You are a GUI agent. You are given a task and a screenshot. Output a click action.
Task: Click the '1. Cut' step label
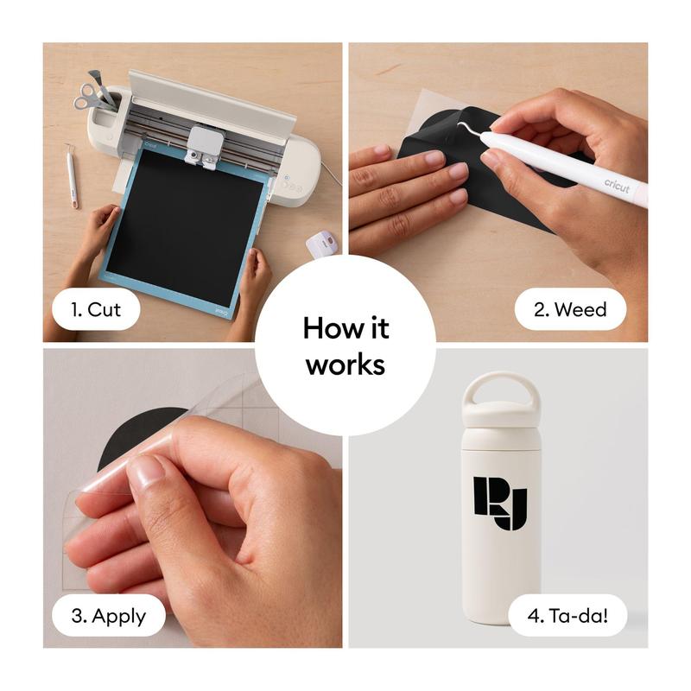[x=96, y=309]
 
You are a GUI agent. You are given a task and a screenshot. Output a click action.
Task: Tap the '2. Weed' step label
[x=570, y=309]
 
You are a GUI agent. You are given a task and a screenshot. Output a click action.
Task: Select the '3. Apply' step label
[x=109, y=615]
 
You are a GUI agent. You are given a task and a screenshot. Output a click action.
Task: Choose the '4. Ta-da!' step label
[x=567, y=615]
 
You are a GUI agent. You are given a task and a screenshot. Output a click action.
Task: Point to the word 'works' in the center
[x=345, y=365]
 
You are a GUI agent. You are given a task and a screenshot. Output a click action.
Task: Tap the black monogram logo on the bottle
[x=500, y=503]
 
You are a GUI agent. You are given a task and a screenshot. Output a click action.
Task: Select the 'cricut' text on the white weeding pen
[x=617, y=186]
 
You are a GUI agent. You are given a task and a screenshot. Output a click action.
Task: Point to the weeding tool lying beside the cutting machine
[x=72, y=175]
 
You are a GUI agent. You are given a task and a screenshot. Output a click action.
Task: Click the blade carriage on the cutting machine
[x=205, y=147]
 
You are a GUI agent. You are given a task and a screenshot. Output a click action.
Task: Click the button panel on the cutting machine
[x=292, y=184]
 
